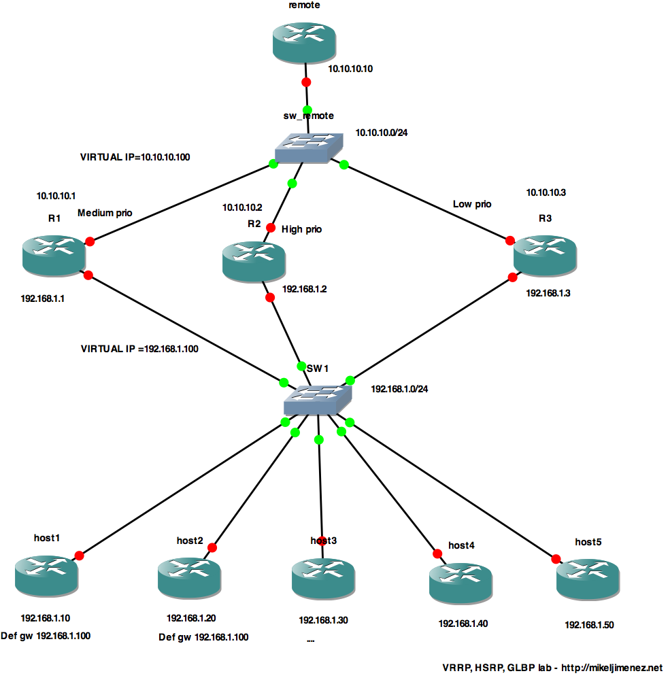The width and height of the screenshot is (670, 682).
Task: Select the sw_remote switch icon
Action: pos(309,148)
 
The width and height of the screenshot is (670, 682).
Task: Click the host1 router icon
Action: pos(46,575)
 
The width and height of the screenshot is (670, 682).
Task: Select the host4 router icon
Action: pos(461,582)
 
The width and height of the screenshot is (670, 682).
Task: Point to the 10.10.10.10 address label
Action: pos(351,69)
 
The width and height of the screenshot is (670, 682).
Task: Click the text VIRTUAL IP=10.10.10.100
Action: pos(135,157)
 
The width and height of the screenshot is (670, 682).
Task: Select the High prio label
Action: pos(301,230)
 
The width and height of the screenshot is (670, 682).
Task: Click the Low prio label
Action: pos(472,204)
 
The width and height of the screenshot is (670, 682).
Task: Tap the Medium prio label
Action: pos(105,213)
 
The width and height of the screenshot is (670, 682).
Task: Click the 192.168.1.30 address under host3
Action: pos(323,620)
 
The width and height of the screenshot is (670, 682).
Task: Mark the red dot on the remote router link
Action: pos(306,82)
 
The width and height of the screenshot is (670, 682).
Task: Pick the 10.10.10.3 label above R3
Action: pos(546,192)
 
